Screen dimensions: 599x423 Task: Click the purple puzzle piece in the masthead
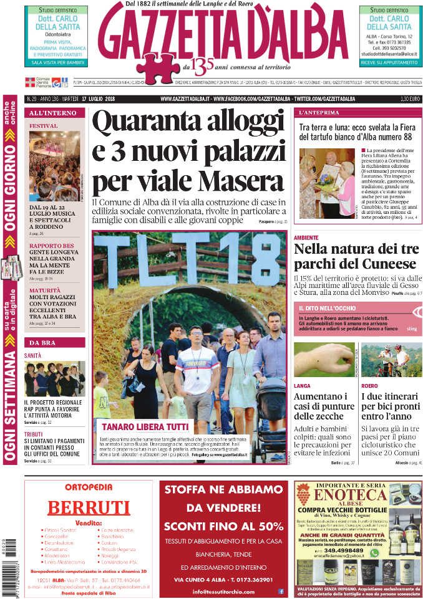tap(158, 67)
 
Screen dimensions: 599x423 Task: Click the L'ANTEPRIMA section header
tap(319, 113)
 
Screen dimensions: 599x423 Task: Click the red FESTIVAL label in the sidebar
tap(44, 126)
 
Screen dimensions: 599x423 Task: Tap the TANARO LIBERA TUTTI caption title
tap(137, 427)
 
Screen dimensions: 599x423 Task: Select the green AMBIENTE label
tap(306, 237)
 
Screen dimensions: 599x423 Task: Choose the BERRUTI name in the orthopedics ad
tap(89, 507)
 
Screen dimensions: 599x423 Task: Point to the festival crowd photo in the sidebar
tap(54, 166)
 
